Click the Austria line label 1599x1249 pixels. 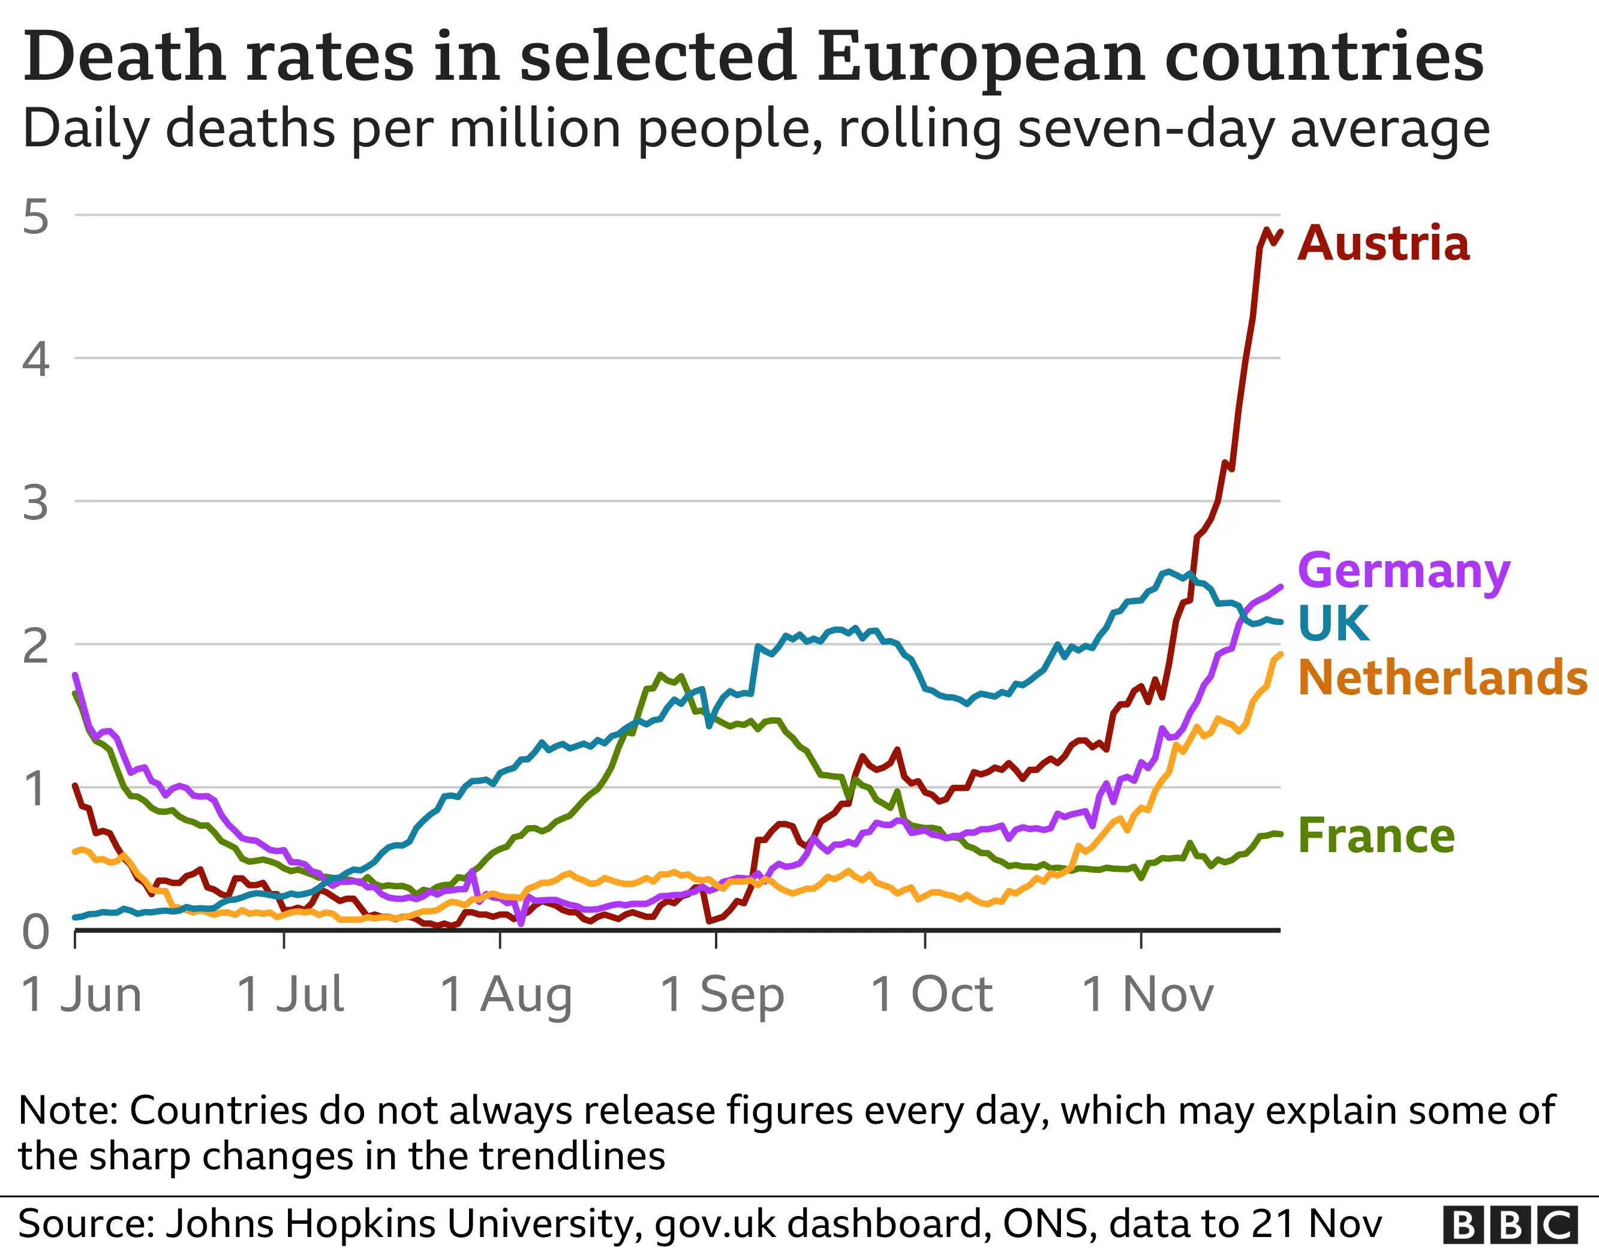(1383, 244)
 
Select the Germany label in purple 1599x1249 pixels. (1403, 572)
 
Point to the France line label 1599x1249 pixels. (1376, 836)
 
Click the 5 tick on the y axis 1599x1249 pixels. (36, 216)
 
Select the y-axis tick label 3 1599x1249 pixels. (36, 504)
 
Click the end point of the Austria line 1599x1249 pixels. (1280, 233)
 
